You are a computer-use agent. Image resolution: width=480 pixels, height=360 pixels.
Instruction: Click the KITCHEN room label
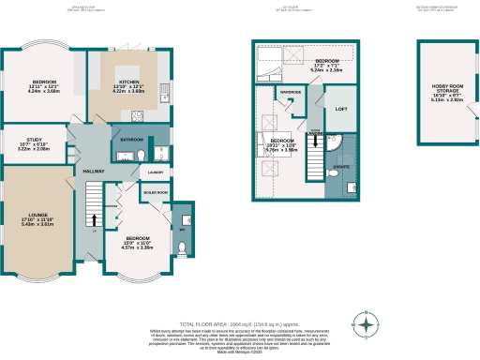[x=130, y=82]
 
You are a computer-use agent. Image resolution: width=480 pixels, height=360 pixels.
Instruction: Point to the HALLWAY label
[x=94, y=171]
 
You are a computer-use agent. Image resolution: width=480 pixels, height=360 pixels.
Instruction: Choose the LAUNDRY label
[x=156, y=172]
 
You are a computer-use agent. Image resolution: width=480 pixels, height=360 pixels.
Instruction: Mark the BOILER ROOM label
[x=155, y=193]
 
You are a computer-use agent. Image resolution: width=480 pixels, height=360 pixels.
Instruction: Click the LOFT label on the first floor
[x=342, y=109]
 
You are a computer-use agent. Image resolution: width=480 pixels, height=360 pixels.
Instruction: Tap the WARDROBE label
[x=289, y=92]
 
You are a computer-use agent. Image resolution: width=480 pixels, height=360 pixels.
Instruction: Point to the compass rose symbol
[x=367, y=325]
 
